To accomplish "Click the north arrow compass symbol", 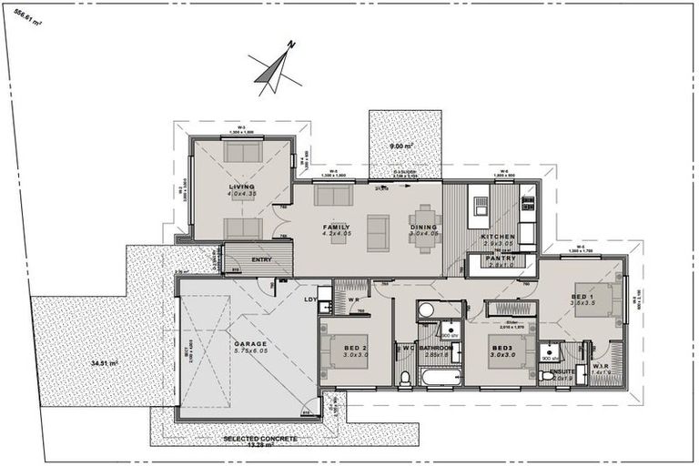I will click(273, 66).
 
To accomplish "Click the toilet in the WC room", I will click(405, 376).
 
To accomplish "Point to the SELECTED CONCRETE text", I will click(260, 439).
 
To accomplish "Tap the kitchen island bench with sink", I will click(477, 207).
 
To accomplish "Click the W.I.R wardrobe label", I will click(602, 370).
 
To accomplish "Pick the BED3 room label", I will click(501, 348).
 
